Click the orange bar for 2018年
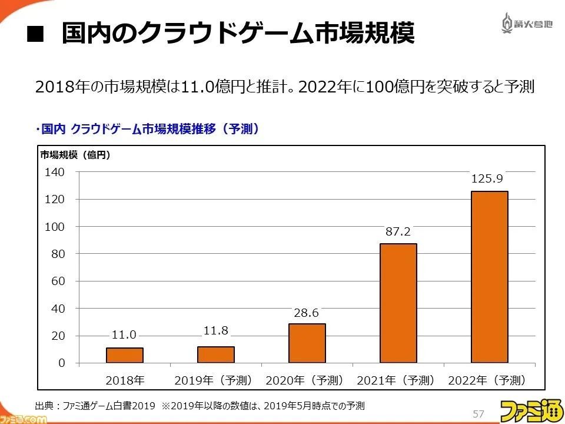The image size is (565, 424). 125,355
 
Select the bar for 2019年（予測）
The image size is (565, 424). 216,355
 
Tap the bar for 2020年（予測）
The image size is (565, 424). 307,343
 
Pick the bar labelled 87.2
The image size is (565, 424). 398,303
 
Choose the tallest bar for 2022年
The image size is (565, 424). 489,277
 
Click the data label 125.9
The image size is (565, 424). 487,178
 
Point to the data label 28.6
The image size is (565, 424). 306,313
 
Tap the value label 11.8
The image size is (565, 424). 216,330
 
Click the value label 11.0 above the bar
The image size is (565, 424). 124,335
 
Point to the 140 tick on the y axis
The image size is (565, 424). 54,172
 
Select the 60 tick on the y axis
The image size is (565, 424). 58,281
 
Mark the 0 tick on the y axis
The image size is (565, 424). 62,363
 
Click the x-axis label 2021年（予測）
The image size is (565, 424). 395,380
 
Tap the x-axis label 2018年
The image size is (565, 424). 125,380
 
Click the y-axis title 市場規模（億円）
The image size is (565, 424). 75,155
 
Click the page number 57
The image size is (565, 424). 478,413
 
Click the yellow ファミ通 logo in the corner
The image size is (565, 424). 531,410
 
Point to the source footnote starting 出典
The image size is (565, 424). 200,406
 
